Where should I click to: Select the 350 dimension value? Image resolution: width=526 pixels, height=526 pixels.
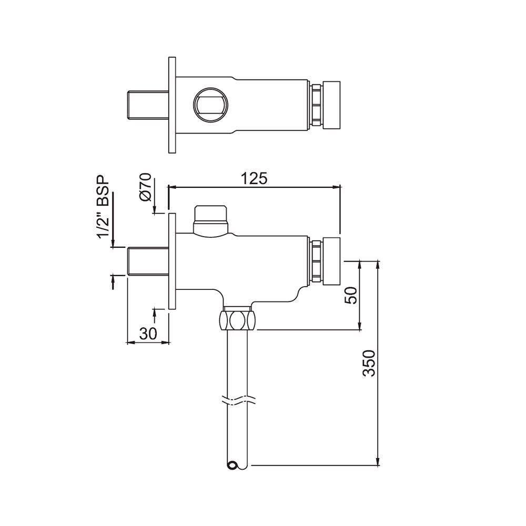point(370,362)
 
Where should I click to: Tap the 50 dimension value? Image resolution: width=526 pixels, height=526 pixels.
point(351,295)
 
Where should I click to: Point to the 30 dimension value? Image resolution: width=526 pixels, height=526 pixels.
point(149,333)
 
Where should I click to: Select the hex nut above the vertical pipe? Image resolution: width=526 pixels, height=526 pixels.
point(237,320)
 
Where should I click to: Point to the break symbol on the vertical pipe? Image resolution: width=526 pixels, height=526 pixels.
point(237,401)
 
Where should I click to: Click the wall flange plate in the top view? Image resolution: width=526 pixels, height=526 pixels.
point(171,105)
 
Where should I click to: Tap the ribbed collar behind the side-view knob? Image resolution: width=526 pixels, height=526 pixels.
point(317,261)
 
